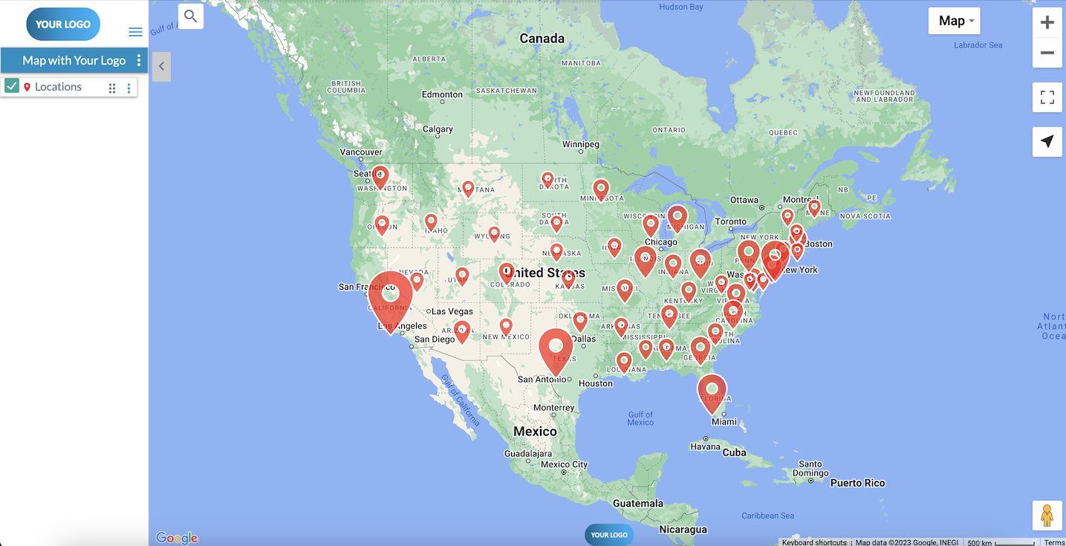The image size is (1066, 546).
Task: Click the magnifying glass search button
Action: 191,16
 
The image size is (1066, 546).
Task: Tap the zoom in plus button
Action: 1047,22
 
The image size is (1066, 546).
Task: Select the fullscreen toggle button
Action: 1047,97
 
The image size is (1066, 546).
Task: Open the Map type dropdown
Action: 954,21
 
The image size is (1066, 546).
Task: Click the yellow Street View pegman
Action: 1047,515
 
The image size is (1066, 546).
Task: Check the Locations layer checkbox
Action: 12,86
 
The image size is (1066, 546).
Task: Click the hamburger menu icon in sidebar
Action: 135,31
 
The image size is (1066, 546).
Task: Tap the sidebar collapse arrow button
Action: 161,67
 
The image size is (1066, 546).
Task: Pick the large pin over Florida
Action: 712,391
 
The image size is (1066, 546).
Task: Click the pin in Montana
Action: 468,189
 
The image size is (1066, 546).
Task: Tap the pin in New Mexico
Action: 506,326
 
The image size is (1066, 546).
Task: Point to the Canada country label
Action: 542,39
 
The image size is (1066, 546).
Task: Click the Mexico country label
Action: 535,432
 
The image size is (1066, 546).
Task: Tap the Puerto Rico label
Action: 857,483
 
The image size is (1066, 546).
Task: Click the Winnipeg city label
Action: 580,144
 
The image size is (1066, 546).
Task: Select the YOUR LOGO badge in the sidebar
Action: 63,24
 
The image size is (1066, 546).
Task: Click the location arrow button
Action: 1047,141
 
